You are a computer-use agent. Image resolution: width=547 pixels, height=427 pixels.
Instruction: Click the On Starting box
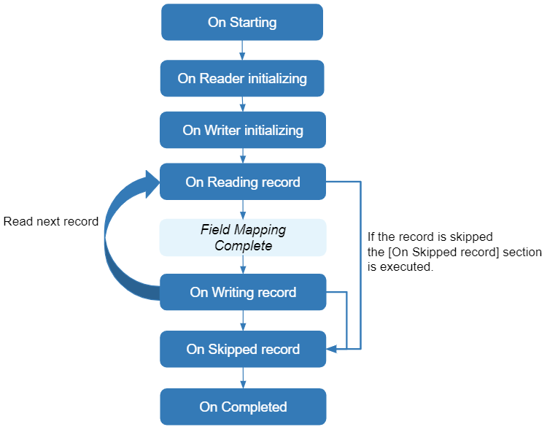[242, 22]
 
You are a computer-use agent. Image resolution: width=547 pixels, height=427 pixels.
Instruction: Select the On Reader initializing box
[242, 78]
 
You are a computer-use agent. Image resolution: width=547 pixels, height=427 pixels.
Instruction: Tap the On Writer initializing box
[242, 130]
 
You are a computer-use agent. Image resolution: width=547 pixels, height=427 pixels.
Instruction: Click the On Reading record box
[242, 182]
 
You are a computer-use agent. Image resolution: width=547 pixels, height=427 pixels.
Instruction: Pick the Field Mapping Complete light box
[242, 238]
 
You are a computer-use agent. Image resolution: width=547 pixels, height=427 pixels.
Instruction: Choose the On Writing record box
[242, 292]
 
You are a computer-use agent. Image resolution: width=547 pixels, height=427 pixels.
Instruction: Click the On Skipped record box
[242, 349]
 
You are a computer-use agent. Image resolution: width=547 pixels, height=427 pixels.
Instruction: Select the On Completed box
[242, 407]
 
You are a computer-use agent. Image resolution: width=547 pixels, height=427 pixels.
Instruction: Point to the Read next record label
[51, 221]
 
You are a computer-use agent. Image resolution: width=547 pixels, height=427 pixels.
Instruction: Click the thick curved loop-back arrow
[117, 241]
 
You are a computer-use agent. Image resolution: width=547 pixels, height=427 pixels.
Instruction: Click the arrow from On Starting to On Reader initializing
[242, 50]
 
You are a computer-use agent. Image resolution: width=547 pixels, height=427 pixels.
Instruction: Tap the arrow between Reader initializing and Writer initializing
[242, 104]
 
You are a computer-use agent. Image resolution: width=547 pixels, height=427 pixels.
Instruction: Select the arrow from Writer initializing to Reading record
[242, 155]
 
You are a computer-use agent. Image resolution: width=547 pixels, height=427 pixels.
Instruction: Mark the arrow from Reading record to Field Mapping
[242, 209]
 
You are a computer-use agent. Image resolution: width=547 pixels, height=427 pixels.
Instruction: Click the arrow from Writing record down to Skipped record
[242, 320]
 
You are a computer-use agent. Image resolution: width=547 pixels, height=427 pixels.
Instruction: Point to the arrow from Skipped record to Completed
[242, 377]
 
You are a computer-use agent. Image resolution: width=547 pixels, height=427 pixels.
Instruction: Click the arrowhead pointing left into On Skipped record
[331, 349]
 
